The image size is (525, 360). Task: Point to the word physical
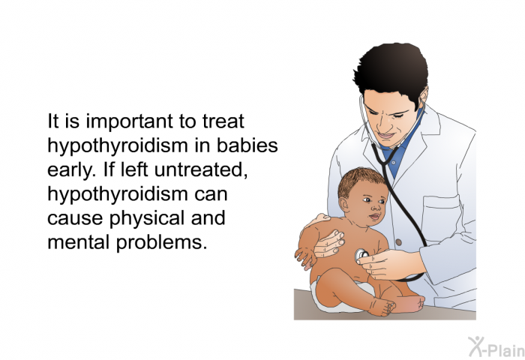point(147,218)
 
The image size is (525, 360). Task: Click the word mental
point(79,241)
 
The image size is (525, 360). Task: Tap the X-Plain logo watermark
point(496,347)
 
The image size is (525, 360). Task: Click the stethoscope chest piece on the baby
point(361,256)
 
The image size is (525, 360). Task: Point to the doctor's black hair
point(391,72)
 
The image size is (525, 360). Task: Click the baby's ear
point(343,204)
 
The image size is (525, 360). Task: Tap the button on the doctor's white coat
point(398,241)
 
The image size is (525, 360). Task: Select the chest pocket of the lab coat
point(441,218)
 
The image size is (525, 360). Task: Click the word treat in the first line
point(223,121)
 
